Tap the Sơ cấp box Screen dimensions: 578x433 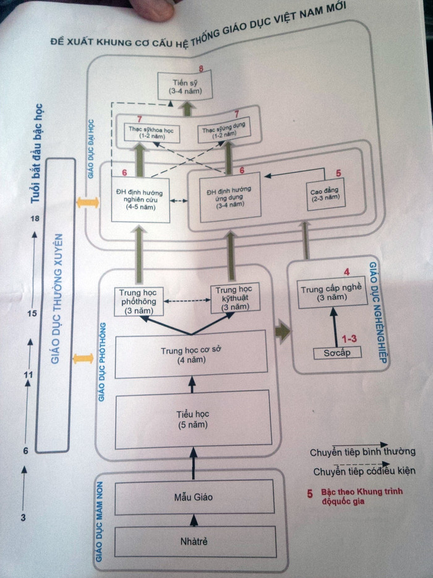(x=337, y=352)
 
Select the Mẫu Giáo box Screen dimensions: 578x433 (x=194, y=497)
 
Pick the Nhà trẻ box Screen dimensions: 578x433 (x=193, y=541)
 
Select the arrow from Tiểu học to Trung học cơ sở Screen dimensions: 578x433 (x=191, y=385)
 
